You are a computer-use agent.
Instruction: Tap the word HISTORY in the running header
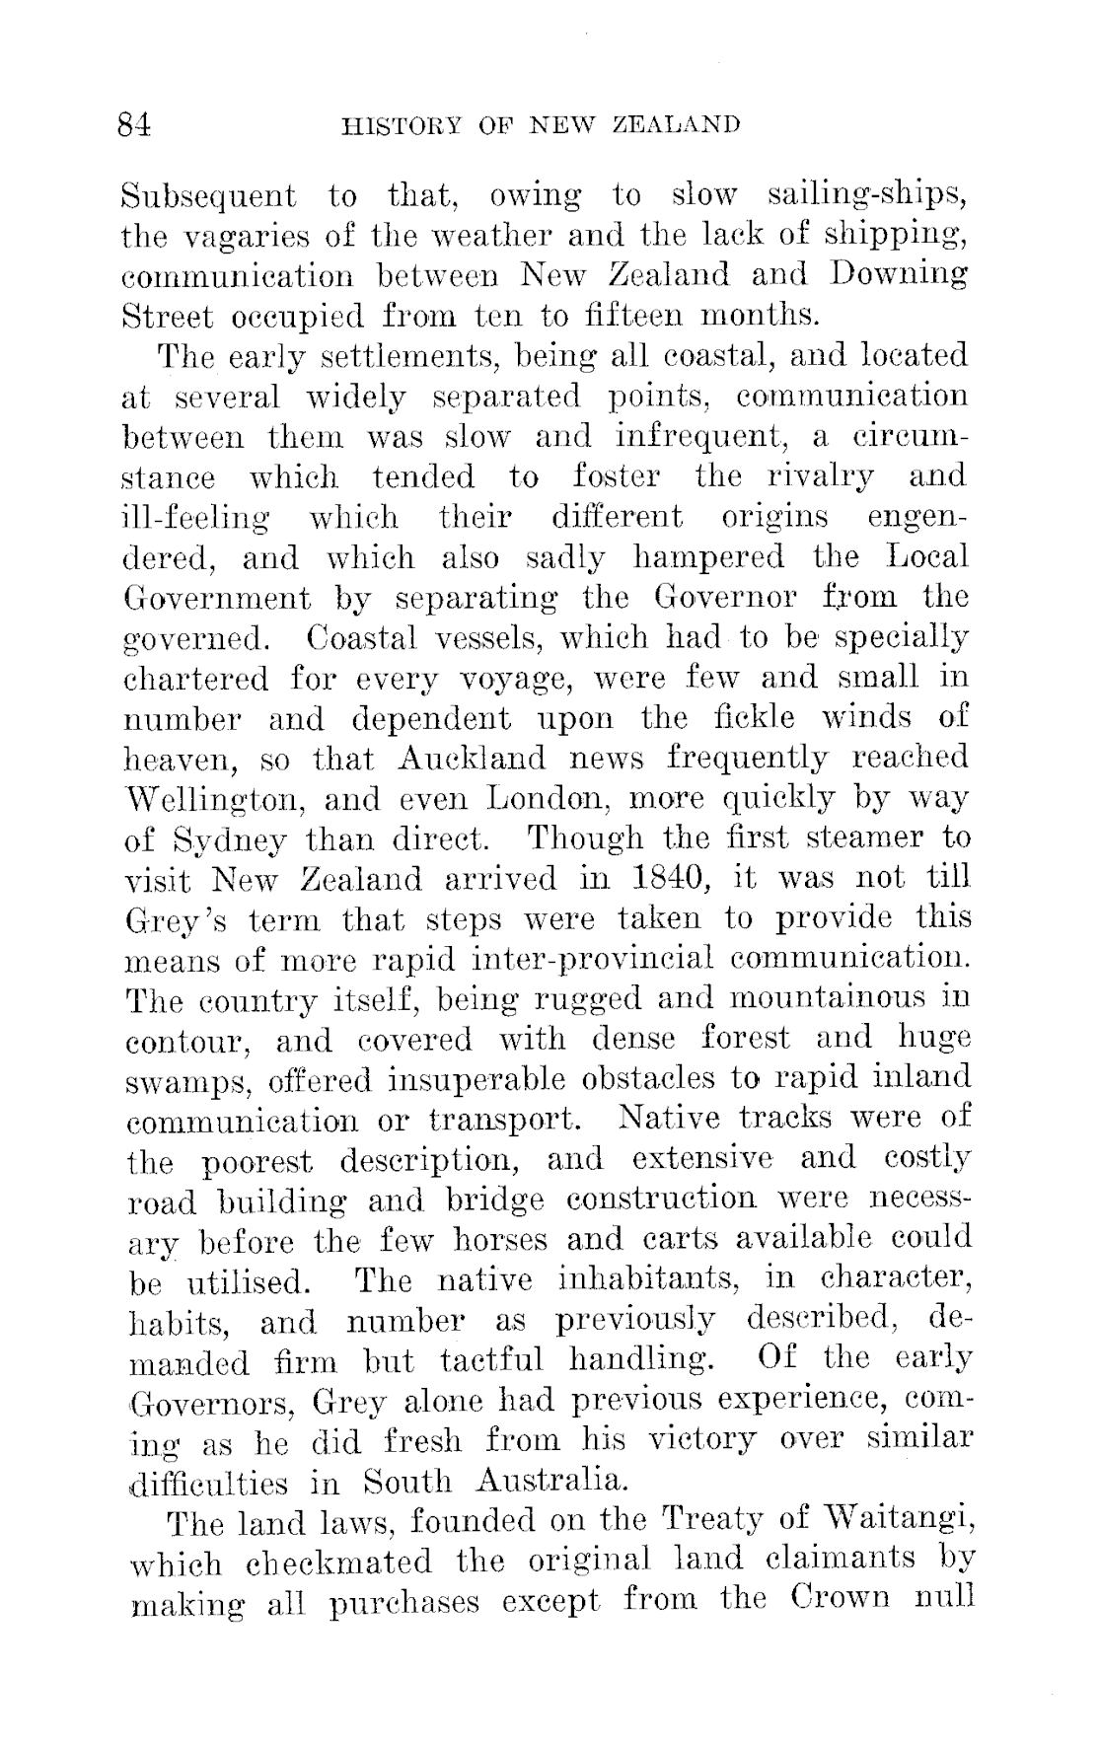(394, 126)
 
